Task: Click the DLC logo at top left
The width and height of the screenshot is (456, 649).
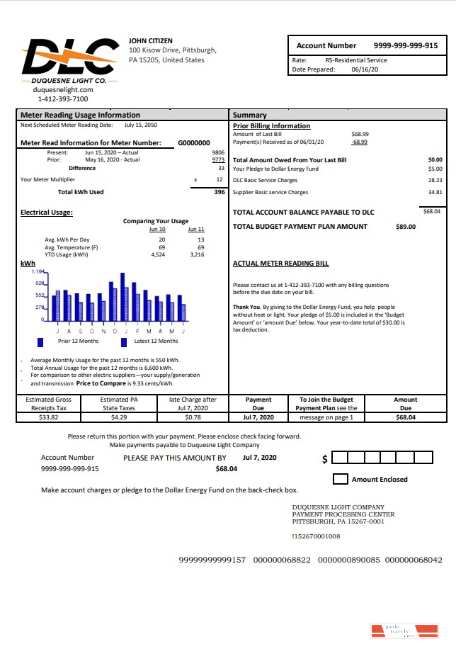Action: [x=68, y=56]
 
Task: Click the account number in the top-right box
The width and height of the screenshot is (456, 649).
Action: [x=405, y=45]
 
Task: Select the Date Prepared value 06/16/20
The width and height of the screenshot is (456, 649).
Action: [x=365, y=70]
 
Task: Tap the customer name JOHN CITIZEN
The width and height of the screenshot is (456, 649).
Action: [x=150, y=41]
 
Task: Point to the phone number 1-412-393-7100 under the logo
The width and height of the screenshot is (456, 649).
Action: [x=63, y=99]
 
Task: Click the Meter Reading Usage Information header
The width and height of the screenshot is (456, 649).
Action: [x=80, y=115]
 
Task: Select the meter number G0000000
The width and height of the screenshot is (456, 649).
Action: [x=193, y=142]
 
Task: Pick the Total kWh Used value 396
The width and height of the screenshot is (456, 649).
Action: [x=219, y=192]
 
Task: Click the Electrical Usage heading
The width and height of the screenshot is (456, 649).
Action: [x=47, y=212]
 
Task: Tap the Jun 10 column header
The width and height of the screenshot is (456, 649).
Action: [x=157, y=230]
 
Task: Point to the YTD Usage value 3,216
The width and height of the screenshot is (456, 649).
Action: [x=197, y=254]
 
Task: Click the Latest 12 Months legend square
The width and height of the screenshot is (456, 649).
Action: [x=124, y=342]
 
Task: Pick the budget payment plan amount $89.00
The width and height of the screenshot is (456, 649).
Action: [x=405, y=227]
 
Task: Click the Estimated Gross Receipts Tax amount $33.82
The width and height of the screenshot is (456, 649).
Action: [x=49, y=417]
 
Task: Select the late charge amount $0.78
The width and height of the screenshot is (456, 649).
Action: [x=193, y=417]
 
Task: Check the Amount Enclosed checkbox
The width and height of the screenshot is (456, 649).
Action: [x=340, y=479]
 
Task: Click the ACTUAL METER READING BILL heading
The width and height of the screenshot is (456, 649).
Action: [x=280, y=263]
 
